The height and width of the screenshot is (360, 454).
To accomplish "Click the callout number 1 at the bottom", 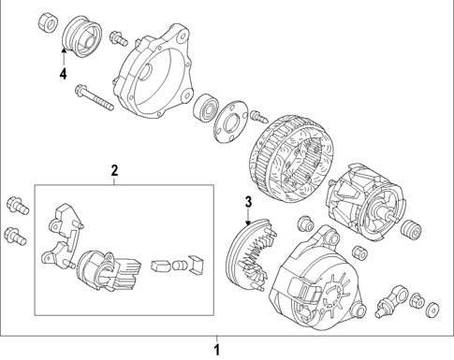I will (x=218, y=351).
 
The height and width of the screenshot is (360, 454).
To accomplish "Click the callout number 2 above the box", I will (x=114, y=170).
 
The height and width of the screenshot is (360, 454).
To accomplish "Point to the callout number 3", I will (x=248, y=203).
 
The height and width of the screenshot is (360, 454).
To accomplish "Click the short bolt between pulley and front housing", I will (x=119, y=38).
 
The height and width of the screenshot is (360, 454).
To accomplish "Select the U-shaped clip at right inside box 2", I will (x=195, y=266).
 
